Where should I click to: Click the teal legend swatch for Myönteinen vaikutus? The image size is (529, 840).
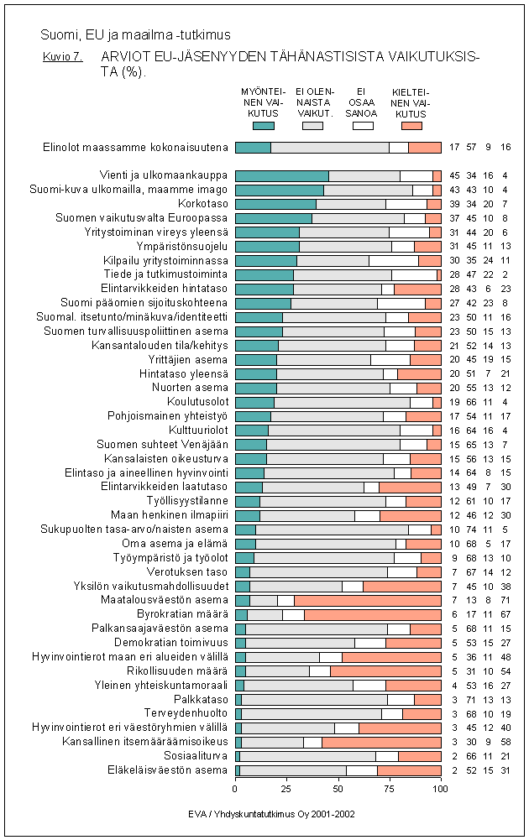[263, 125]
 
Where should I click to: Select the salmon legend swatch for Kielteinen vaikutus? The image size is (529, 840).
[411, 125]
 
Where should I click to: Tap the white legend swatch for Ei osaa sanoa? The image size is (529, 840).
[362, 125]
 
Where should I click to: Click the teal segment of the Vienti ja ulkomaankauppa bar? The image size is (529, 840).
[281, 175]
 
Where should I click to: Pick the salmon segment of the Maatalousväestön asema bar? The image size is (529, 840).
[368, 600]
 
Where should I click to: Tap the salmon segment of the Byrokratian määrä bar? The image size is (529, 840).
[372, 614]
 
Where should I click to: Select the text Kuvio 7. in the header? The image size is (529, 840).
[61, 58]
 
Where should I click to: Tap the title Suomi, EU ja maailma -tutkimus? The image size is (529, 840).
[135, 35]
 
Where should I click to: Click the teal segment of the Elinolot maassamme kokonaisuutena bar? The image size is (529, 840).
[253, 148]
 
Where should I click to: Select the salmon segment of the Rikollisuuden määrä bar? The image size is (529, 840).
[385, 670]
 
